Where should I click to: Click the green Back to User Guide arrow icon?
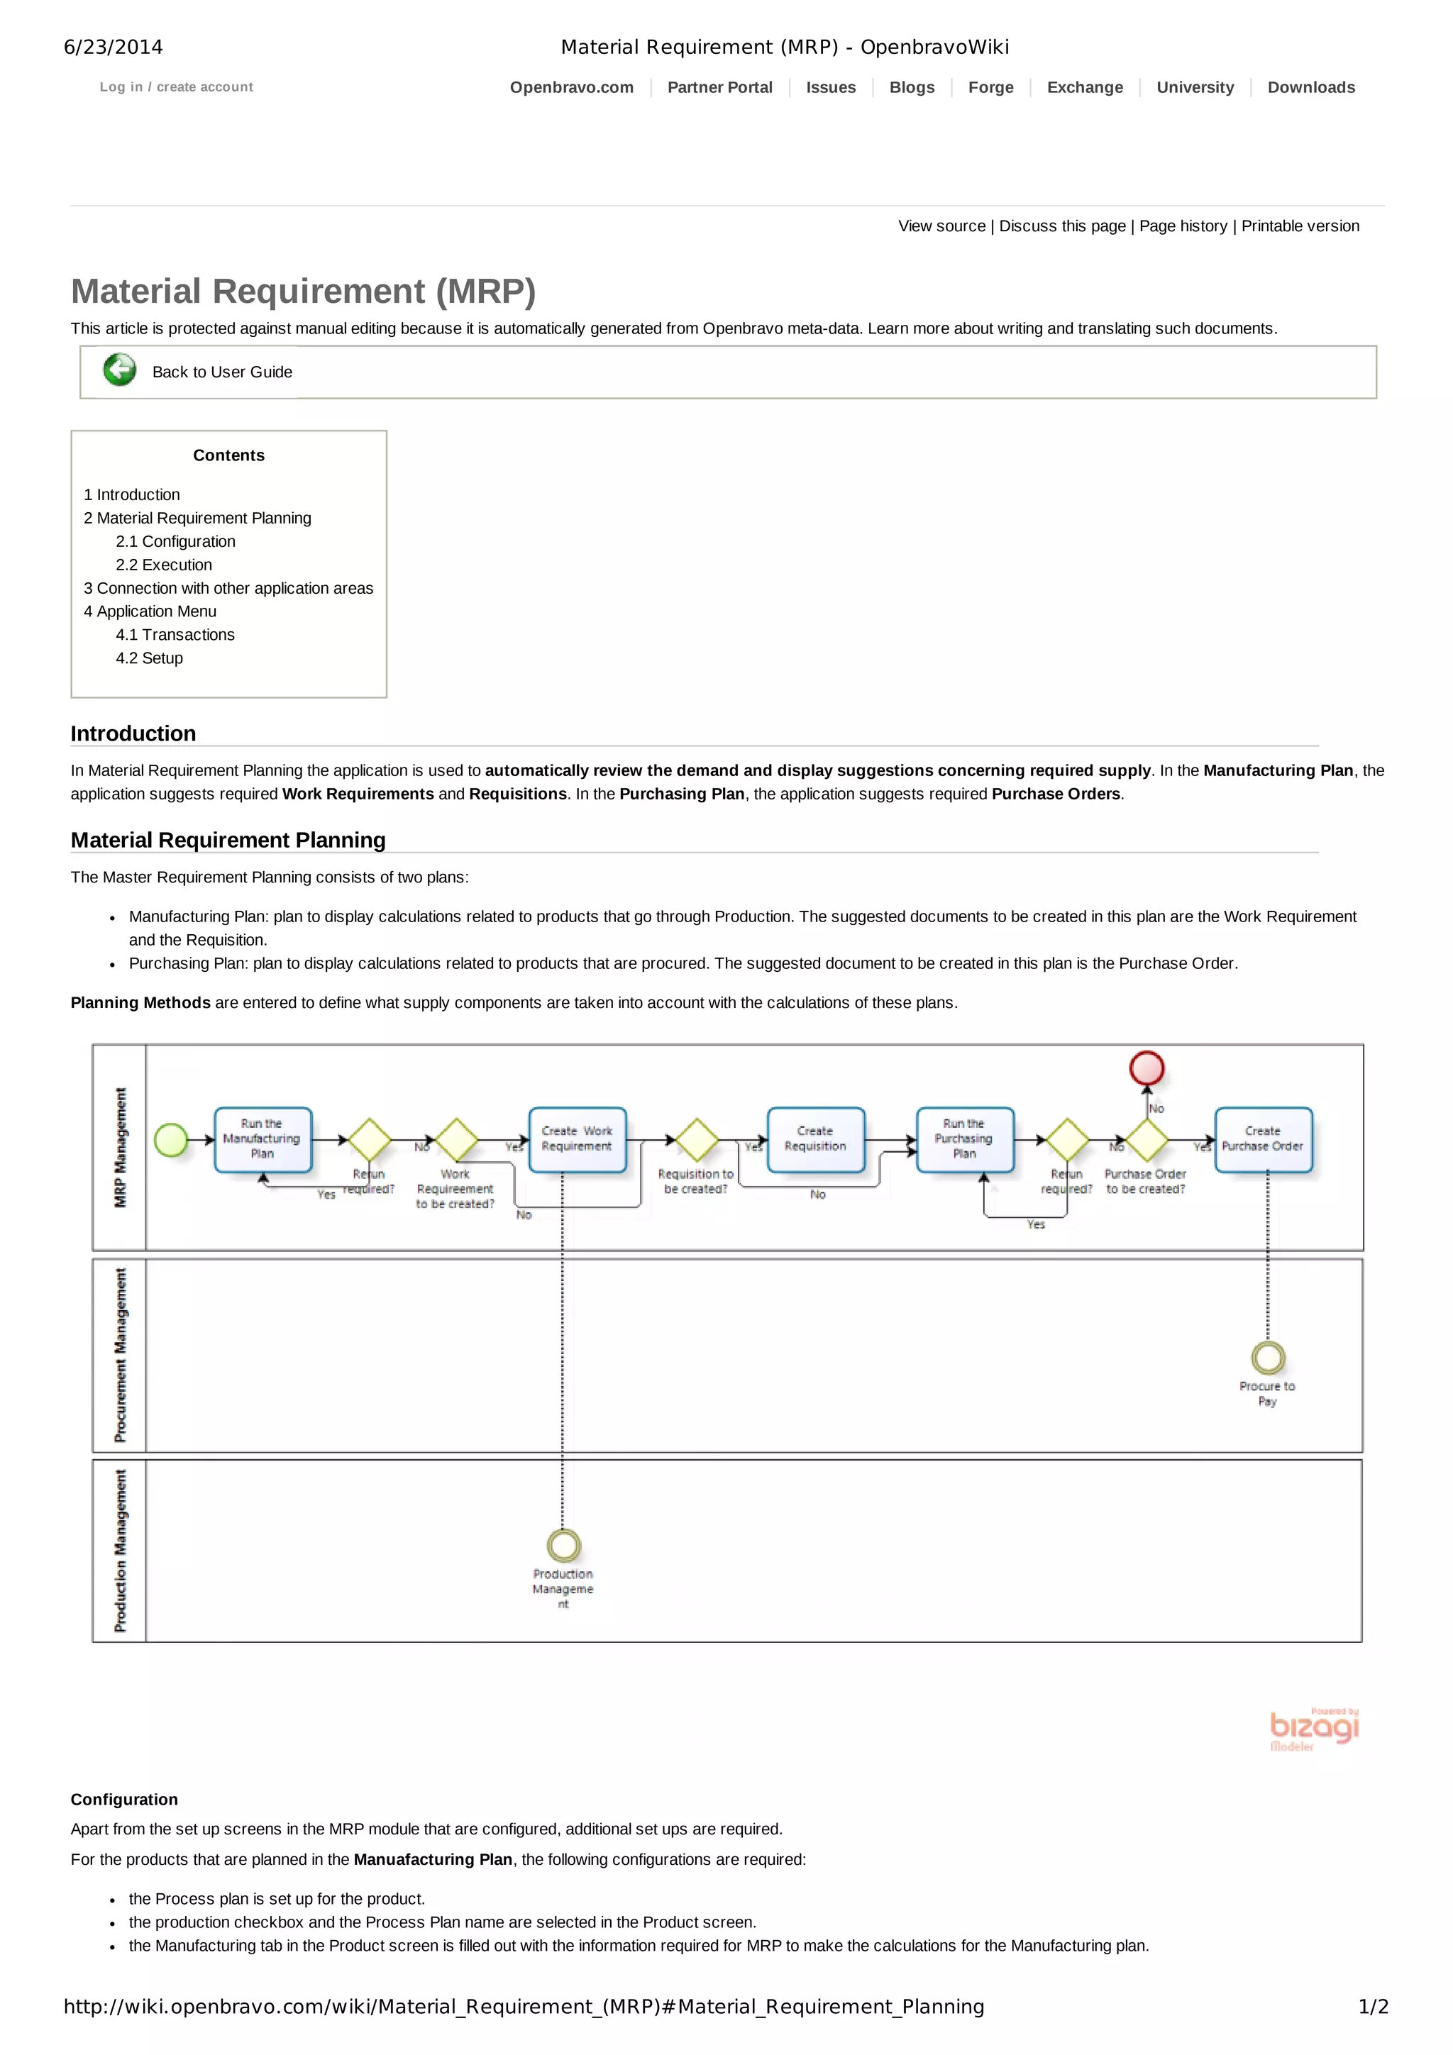pyautogui.click(x=119, y=370)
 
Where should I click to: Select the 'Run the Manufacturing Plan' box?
pyautogui.click(x=263, y=1139)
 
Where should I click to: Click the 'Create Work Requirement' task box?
pyautogui.click(x=577, y=1139)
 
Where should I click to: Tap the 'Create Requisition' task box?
pyautogui.click(x=816, y=1139)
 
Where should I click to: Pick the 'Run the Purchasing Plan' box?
pyautogui.click(x=964, y=1139)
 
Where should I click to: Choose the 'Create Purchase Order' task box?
pyautogui.click(x=1262, y=1139)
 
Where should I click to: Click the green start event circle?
pyautogui.click(x=171, y=1140)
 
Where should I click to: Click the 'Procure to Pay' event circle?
pyautogui.click(x=1268, y=1358)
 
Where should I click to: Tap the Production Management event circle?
pyautogui.click(x=563, y=1545)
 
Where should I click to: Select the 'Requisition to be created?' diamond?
pyautogui.click(x=697, y=1140)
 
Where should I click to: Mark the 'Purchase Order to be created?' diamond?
pyautogui.click(x=1147, y=1140)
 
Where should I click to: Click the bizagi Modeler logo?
pyautogui.click(x=1313, y=1729)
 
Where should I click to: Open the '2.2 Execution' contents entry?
pyautogui.click(x=164, y=565)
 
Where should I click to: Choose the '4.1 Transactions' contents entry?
pyautogui.click(x=175, y=635)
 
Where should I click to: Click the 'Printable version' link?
pyautogui.click(x=1300, y=226)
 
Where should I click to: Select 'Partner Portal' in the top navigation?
pyautogui.click(x=720, y=88)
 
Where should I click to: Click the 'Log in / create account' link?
pyautogui.click(x=177, y=87)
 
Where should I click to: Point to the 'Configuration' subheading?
pyautogui.click(x=124, y=1799)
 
